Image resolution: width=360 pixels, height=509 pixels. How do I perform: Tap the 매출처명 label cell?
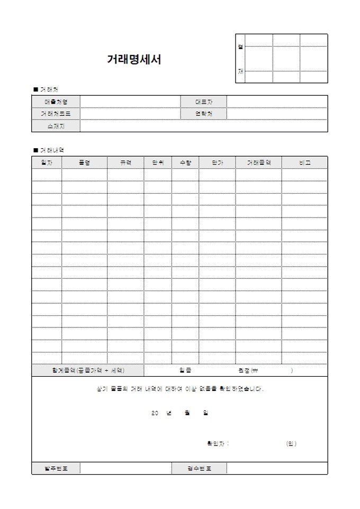coord(56,101)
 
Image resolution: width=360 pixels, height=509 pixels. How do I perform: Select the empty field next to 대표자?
coord(277,101)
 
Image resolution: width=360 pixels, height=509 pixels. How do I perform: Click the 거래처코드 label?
coord(56,114)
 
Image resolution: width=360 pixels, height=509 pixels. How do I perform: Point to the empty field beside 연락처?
coord(277,114)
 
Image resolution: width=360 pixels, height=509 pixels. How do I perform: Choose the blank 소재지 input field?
coord(204,126)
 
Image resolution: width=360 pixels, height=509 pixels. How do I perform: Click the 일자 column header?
coord(47,162)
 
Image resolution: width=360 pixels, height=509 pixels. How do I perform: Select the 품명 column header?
coord(84,162)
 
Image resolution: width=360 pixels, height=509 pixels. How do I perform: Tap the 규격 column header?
coord(125,162)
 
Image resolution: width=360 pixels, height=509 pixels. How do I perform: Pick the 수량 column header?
coord(185,162)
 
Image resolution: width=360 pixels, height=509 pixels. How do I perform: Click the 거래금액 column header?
coord(258,162)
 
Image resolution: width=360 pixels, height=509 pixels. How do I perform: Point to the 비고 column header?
coord(304,162)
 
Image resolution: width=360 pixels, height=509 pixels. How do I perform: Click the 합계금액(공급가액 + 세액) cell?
coord(88,370)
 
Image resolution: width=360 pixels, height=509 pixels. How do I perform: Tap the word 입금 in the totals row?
coord(185,370)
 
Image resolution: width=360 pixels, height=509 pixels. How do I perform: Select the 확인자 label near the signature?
coord(218,443)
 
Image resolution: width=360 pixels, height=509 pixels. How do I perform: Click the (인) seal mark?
coord(291,443)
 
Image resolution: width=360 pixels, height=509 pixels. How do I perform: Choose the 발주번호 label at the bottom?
coord(56,468)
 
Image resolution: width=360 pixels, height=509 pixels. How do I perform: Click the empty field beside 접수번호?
coord(277,468)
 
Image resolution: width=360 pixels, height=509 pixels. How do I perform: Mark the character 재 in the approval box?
coord(240,71)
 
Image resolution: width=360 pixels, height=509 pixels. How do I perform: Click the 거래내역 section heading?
coord(52,150)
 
